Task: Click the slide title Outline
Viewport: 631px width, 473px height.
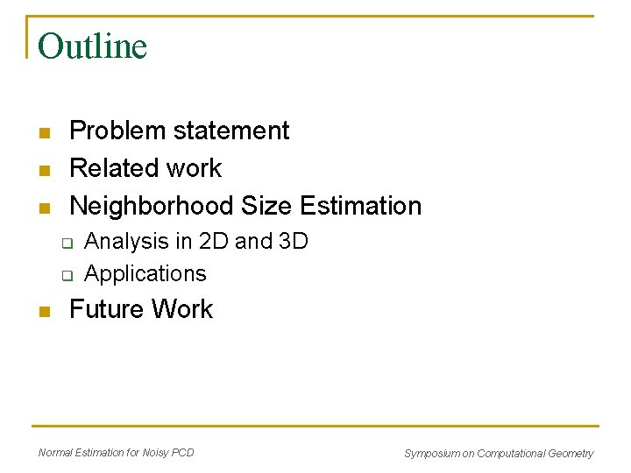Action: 92,46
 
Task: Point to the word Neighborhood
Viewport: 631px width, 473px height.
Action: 152,206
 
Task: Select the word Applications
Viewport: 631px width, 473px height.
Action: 145,273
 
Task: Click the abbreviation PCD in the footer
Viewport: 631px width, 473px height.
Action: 183,452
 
